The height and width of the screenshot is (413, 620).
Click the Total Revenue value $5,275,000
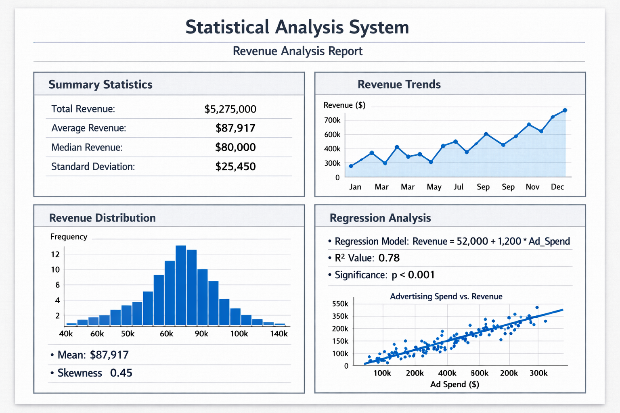pos(230,109)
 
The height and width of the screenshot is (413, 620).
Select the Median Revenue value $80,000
pos(235,147)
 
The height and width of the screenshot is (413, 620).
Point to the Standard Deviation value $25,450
pos(235,167)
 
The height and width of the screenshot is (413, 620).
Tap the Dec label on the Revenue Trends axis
pos(557,187)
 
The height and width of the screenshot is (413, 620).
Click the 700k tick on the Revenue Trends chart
pos(332,120)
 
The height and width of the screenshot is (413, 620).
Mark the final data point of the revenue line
pos(565,110)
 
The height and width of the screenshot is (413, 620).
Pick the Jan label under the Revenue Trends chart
pos(355,187)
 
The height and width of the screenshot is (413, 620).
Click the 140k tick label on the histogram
pos(279,334)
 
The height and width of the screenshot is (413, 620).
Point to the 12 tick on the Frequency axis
pos(55,254)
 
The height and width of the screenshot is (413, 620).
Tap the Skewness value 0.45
pos(121,373)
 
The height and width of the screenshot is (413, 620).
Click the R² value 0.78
pos(389,258)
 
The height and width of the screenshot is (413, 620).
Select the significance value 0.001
pos(421,275)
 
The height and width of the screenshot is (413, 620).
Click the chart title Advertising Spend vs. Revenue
pos(446,296)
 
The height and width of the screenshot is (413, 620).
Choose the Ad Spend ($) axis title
pos(455,384)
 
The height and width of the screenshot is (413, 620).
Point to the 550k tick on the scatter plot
pos(340,304)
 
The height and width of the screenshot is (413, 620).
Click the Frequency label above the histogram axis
pos(69,237)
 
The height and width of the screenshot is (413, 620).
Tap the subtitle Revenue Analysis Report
pos(297,51)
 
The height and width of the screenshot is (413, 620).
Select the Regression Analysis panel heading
pos(380,218)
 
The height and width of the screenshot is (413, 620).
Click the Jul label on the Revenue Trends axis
pos(458,187)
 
